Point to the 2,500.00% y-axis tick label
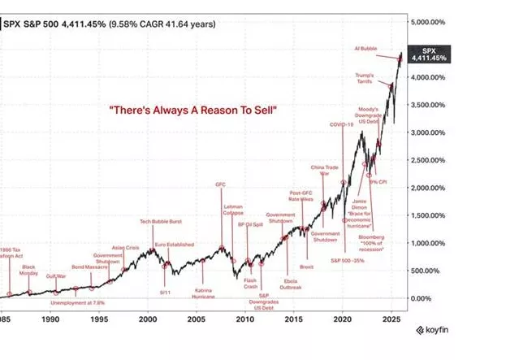(x=433, y=160)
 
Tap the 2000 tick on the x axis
(x=147, y=319)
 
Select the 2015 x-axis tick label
(x=293, y=319)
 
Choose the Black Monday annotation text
(x=29, y=270)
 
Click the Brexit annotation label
(x=306, y=267)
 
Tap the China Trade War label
(x=323, y=171)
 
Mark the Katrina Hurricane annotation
(x=204, y=293)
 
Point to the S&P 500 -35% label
(x=345, y=260)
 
